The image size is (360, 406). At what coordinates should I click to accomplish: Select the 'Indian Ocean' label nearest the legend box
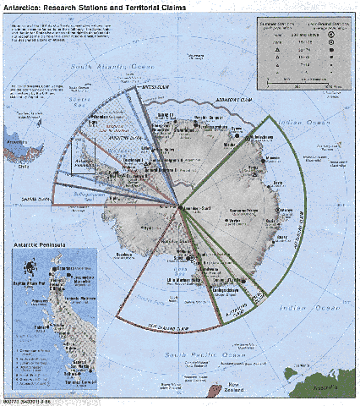[297, 119]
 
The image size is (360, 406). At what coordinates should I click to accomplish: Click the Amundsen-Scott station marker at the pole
[178, 206]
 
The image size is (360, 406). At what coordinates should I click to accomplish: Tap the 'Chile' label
[17, 167]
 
